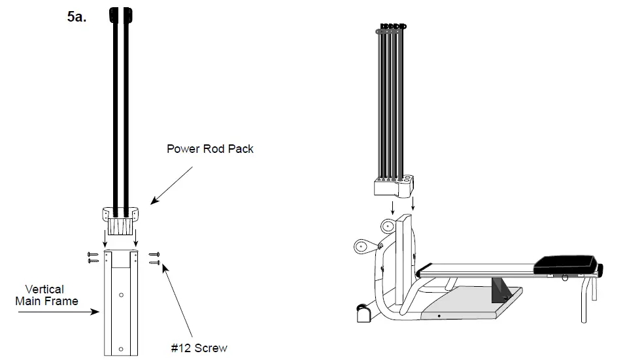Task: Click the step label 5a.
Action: pos(76,17)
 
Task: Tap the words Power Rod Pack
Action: pos(210,149)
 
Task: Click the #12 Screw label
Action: pos(199,348)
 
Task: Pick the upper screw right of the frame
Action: pos(154,254)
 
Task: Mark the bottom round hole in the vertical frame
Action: pos(122,347)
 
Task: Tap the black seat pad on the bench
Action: pos(566,265)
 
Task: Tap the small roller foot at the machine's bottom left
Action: pos(362,314)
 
